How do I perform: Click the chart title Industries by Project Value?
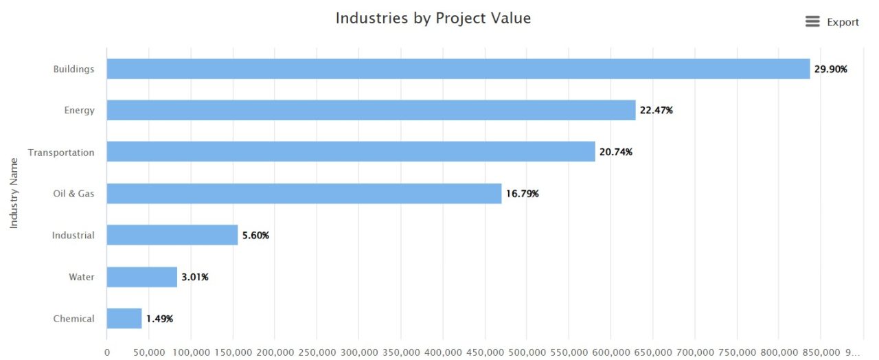tap(433, 19)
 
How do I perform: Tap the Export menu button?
tap(832, 22)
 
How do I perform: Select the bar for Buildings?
tap(458, 69)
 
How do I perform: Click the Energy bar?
tap(371, 110)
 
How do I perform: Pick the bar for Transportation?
tap(351, 152)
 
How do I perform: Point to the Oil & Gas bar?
tap(304, 194)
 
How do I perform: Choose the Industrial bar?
tap(172, 235)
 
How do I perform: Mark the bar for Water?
tap(142, 277)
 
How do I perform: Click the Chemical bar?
tap(124, 319)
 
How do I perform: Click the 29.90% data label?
tap(831, 69)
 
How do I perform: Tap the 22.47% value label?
tap(657, 111)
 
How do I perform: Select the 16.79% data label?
tap(523, 194)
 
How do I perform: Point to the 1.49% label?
tap(159, 319)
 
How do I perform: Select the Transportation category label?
tap(61, 153)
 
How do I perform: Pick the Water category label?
tap(81, 277)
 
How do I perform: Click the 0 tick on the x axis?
tap(107, 352)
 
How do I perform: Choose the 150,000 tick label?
tap(233, 352)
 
